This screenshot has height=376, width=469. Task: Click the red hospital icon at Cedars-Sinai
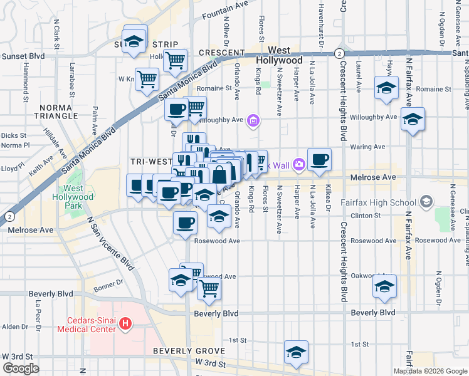tap(125, 324)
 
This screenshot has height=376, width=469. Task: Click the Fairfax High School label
tap(387, 202)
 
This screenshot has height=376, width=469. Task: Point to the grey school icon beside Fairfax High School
tap(427, 202)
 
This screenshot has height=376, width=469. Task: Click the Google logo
tap(21, 368)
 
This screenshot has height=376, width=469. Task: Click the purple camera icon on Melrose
tap(298, 165)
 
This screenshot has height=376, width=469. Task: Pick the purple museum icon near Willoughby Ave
tap(253, 120)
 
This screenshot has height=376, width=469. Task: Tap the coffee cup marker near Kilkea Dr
tap(319, 160)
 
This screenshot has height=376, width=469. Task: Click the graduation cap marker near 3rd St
tap(296, 353)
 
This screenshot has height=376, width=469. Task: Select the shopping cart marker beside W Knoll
tap(147, 80)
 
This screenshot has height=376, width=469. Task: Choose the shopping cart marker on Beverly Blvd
tap(209, 289)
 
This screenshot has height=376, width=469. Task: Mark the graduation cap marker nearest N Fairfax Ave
tap(413, 119)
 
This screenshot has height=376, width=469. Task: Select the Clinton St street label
tap(371, 216)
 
